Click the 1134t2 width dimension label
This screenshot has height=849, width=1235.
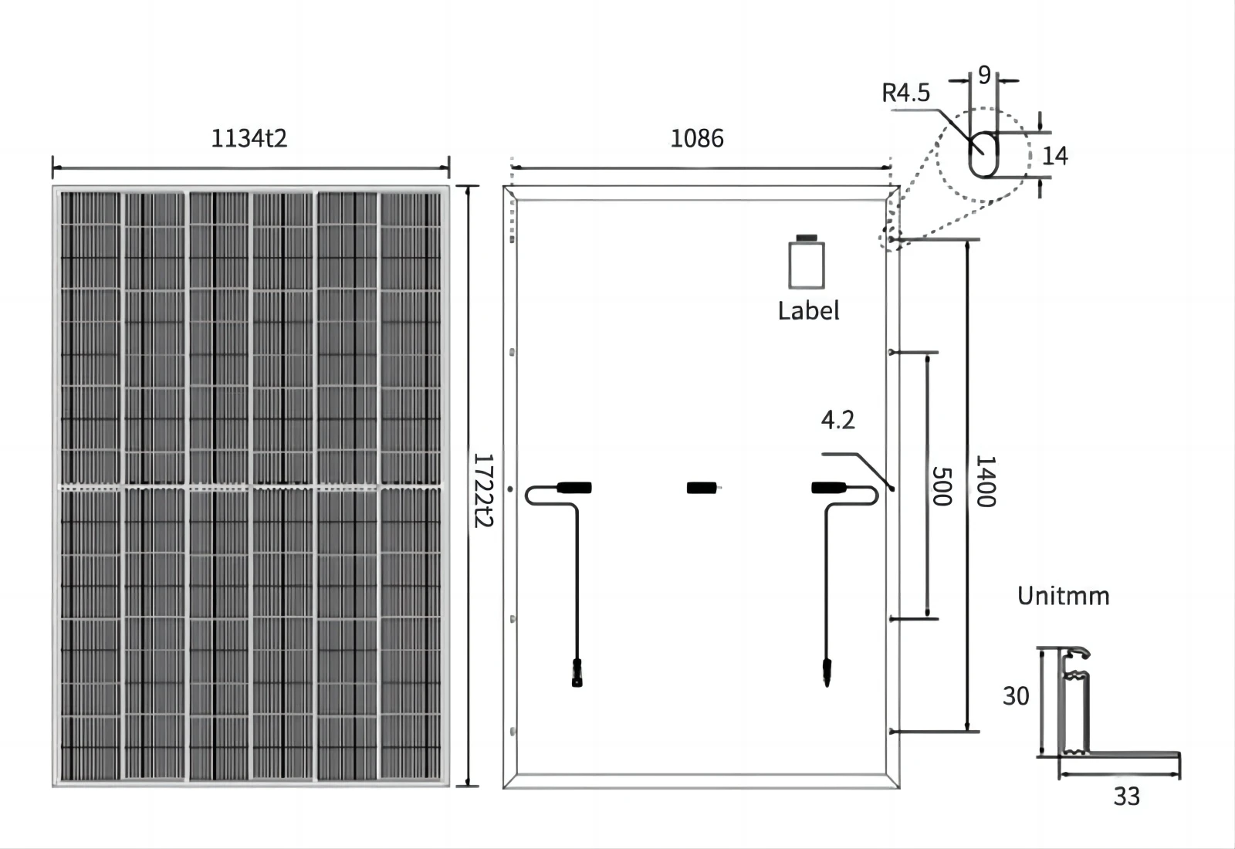tap(249, 139)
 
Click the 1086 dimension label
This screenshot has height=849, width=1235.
tap(696, 139)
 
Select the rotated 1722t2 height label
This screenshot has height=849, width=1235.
tap(482, 490)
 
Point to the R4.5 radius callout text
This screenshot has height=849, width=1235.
tap(905, 93)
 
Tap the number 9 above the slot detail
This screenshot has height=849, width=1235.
tap(984, 75)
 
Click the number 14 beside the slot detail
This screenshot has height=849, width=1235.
tap(1054, 156)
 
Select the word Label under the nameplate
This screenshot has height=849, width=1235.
tap(808, 310)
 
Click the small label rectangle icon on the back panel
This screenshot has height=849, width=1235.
tap(807, 264)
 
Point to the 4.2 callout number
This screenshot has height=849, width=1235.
tap(837, 420)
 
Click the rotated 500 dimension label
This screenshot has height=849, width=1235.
tap(941, 486)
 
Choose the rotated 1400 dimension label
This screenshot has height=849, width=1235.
tap(986, 482)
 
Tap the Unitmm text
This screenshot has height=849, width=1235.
tap(1063, 596)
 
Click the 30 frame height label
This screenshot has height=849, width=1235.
tap(1016, 696)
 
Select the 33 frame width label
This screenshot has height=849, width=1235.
tap(1126, 797)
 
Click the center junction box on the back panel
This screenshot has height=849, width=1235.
tap(701, 488)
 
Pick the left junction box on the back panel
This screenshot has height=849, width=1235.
tap(574, 488)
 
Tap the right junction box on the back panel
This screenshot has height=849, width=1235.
tap(828, 488)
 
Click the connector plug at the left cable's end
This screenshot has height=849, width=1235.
tap(577, 672)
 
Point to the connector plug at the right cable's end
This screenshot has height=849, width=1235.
tap(827, 671)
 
